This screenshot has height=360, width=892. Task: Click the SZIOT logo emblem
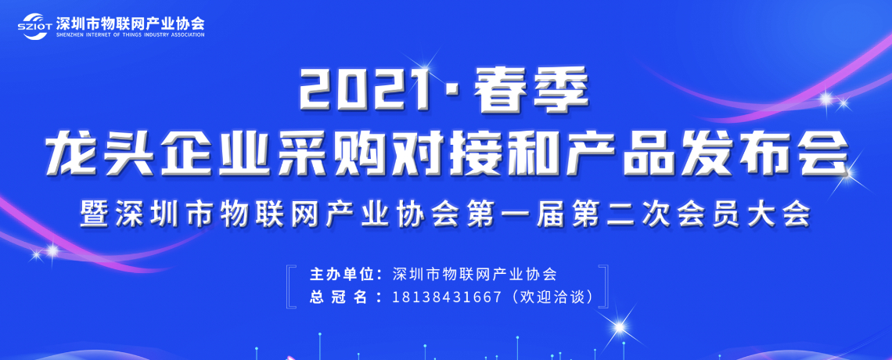(x=35, y=26)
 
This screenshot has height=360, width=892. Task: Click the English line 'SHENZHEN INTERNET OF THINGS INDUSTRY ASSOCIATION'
(x=130, y=34)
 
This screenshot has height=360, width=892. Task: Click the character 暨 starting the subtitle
(x=95, y=214)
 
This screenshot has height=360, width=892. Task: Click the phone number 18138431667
(x=447, y=297)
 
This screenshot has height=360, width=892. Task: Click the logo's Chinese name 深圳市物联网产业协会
(x=130, y=22)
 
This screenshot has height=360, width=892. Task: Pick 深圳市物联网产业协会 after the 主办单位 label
(x=474, y=274)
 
